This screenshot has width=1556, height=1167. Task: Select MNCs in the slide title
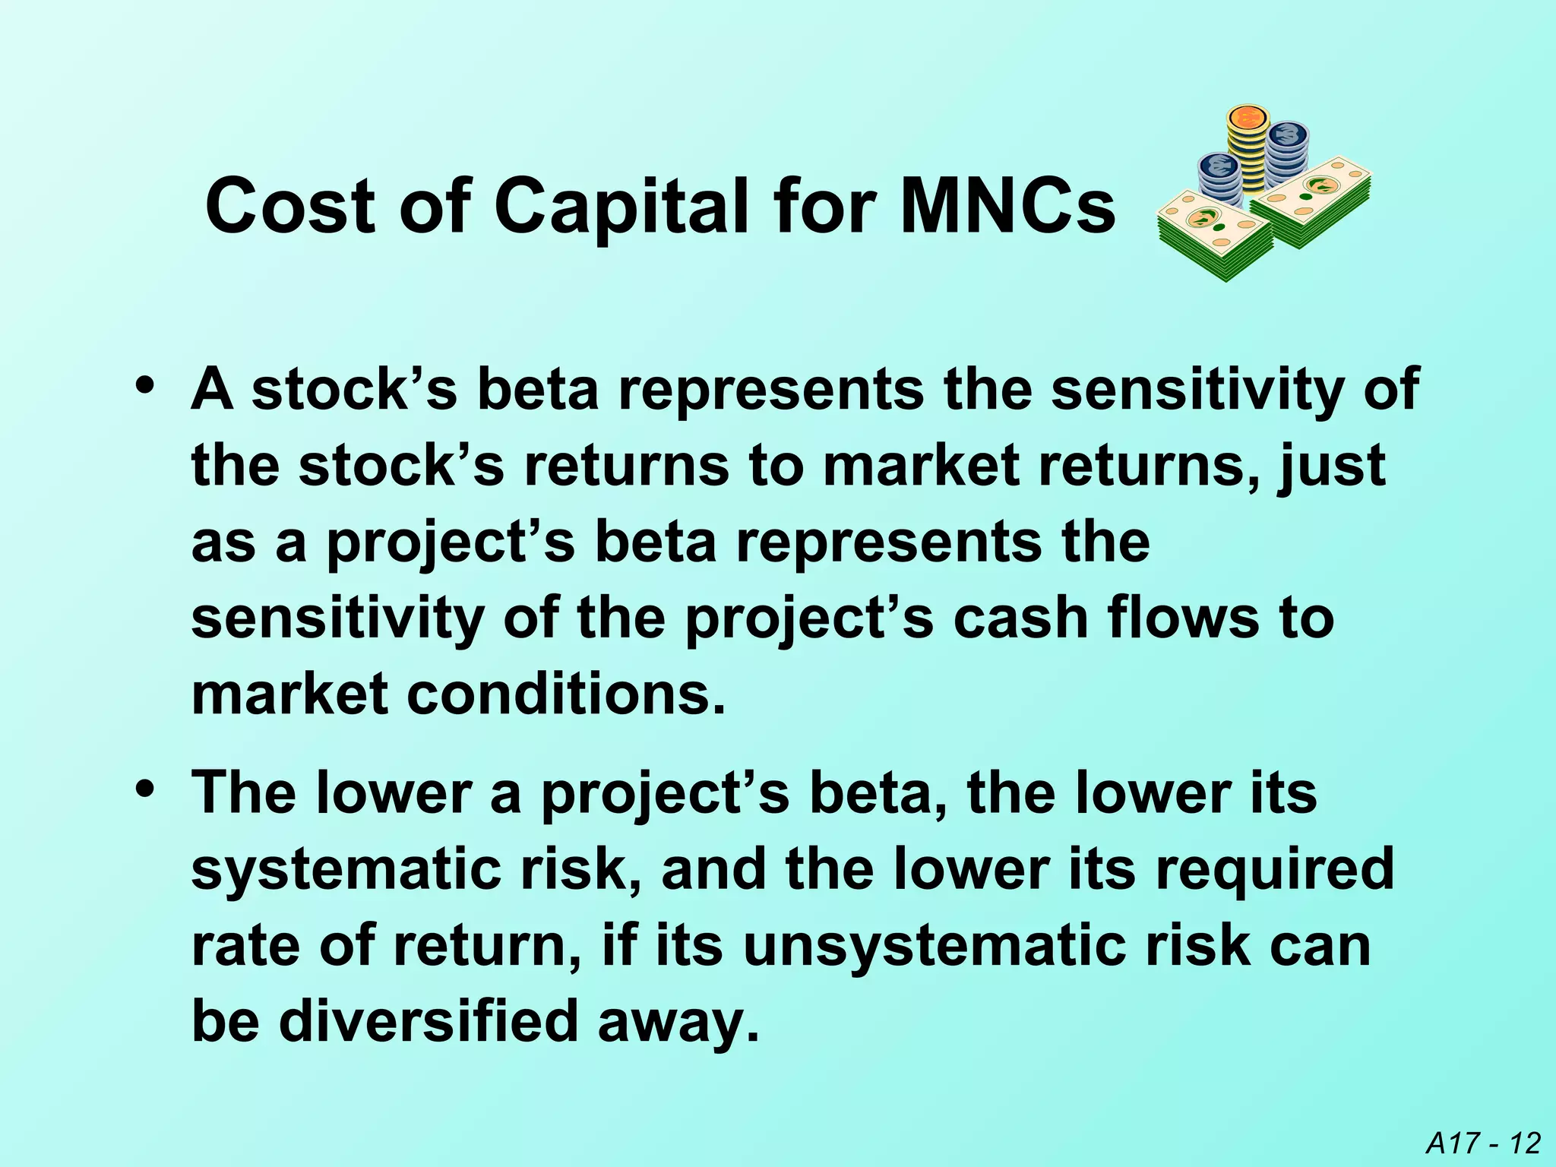click(1007, 207)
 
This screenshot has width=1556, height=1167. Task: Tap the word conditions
click(566, 694)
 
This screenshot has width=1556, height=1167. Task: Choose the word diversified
click(430, 1022)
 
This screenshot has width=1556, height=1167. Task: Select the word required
click(1274, 869)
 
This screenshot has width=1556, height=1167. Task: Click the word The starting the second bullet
click(244, 793)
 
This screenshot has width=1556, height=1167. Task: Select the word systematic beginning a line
click(346, 871)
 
